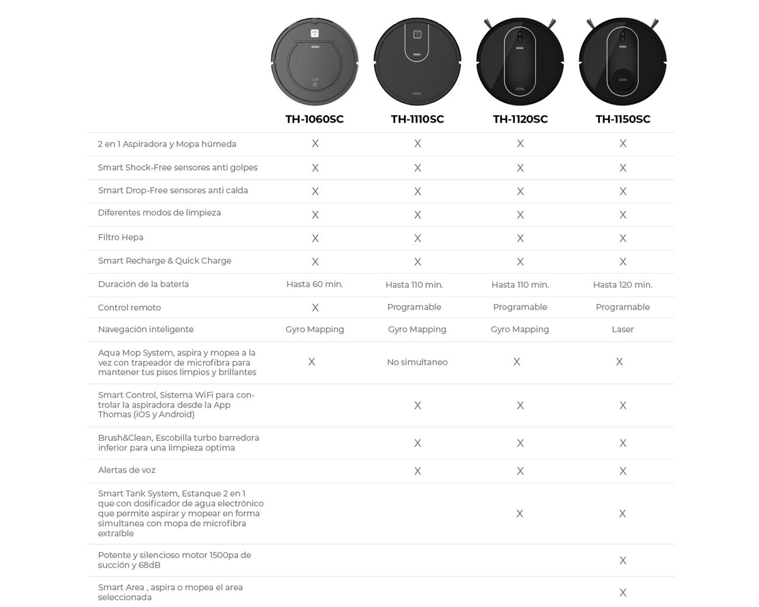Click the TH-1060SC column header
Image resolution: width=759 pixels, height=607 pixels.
[x=314, y=119]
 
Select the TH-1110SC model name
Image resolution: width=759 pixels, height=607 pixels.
[x=417, y=119]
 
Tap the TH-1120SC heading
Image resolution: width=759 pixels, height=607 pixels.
[x=520, y=119]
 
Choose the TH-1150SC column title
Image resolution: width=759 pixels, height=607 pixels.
[x=623, y=119]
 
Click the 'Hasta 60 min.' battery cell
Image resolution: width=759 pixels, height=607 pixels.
[x=315, y=284]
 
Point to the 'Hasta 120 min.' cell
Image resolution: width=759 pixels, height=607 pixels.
[x=623, y=285]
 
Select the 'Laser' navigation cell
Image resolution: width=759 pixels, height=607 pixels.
[x=623, y=329]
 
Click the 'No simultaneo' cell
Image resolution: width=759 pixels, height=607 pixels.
[x=417, y=362]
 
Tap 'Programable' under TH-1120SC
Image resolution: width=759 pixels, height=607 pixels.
[x=520, y=307]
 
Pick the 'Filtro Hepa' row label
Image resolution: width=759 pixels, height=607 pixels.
[x=121, y=237]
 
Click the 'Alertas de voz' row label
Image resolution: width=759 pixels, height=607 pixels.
[x=127, y=470]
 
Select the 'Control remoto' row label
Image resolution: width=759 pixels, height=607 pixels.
[x=129, y=307]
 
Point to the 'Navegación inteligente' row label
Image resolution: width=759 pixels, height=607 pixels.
[x=146, y=329]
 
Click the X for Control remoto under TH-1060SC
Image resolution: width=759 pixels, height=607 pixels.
[x=315, y=307]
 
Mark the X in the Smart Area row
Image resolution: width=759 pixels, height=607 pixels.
[x=623, y=592]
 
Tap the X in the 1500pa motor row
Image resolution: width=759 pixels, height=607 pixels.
[x=623, y=560]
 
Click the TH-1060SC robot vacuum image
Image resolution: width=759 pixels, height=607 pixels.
[x=315, y=61]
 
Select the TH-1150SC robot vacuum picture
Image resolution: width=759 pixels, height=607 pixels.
[x=623, y=61]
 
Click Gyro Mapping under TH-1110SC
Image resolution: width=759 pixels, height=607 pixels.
[x=417, y=329]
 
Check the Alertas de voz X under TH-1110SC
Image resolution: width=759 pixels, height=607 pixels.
[x=417, y=471]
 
